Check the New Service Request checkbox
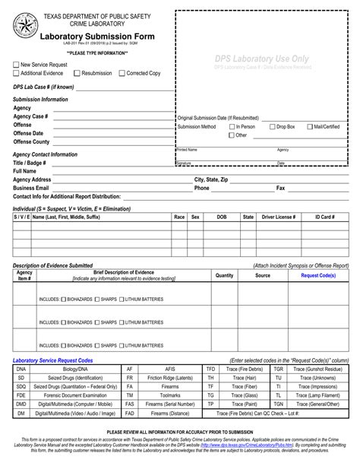(x=17, y=65)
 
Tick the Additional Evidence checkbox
(x=17, y=73)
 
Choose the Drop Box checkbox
(x=272, y=126)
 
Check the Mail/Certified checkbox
(x=308, y=126)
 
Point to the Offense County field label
(x=31, y=141)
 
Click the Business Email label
(x=31, y=187)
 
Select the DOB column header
(x=221, y=217)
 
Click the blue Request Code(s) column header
(x=318, y=275)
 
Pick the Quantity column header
(x=224, y=275)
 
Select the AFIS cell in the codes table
(x=169, y=368)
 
